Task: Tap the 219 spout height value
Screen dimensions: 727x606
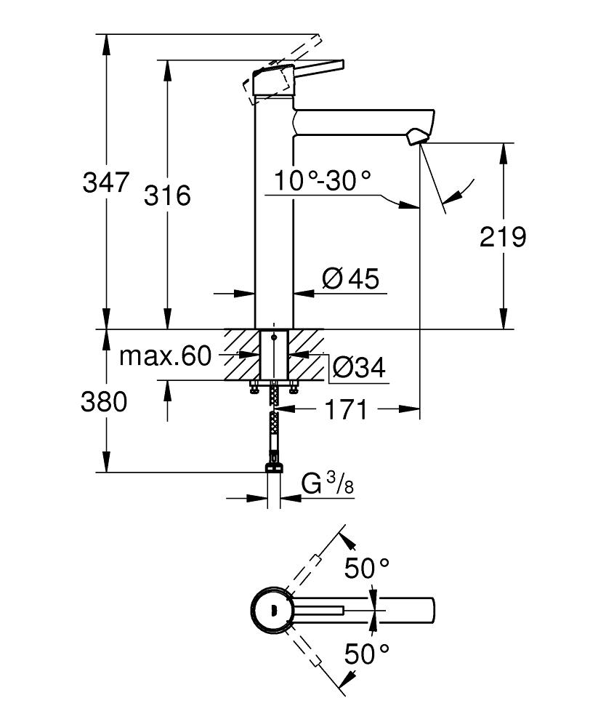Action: point(502,236)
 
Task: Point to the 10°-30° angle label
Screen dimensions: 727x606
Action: point(323,180)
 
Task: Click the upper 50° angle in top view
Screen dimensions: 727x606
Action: point(367,568)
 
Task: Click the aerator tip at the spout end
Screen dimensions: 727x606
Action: point(419,137)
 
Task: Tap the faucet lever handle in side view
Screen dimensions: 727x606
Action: point(305,71)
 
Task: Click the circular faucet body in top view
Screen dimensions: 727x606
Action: point(273,609)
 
